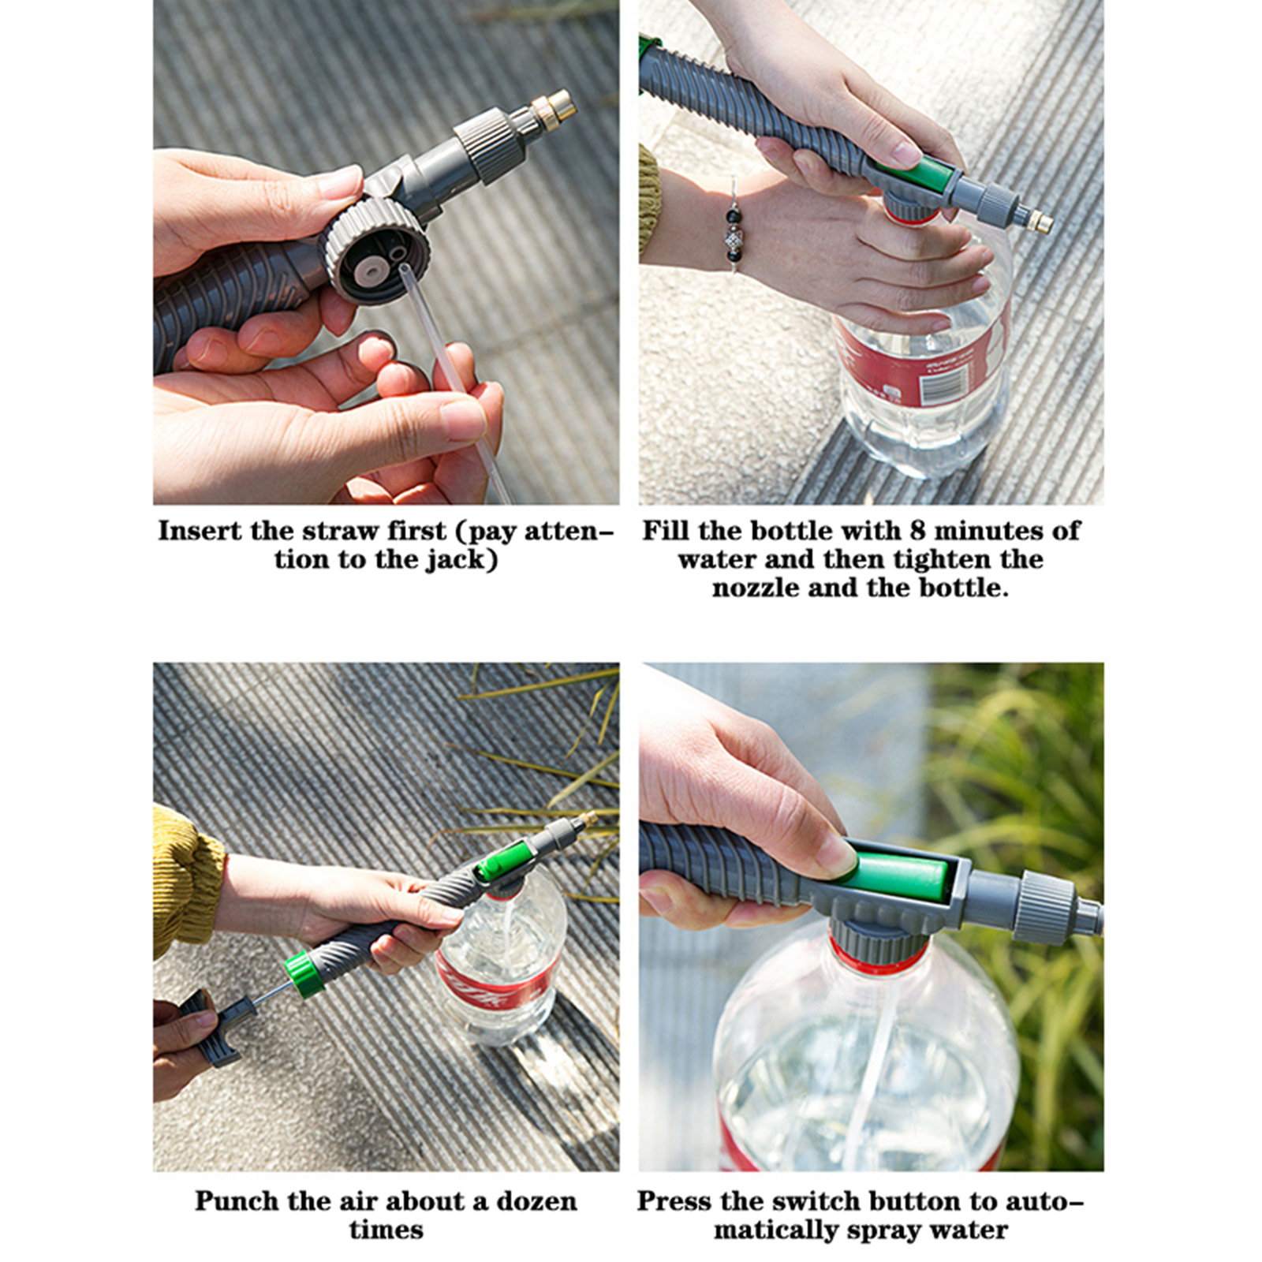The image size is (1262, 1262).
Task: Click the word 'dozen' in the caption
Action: point(536,1201)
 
